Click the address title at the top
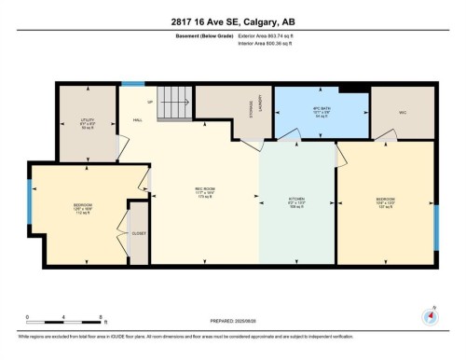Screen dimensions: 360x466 [232, 22]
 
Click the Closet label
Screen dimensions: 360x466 [137, 233]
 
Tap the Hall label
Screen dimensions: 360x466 [136, 121]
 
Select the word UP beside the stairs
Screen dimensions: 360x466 [149, 100]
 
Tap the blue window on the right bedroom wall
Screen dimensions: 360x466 [436, 227]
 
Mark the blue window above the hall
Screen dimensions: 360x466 [132, 85]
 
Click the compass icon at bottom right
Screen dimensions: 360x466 [430, 315]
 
